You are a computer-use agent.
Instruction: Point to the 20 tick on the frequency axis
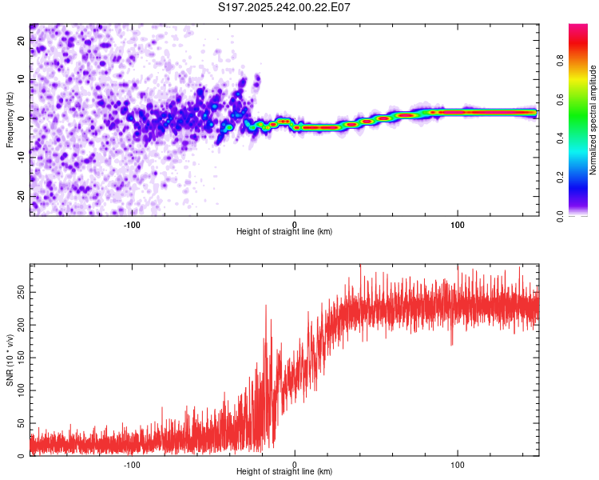click(x=22, y=42)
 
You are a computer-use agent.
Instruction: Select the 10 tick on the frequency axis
click(x=22, y=80)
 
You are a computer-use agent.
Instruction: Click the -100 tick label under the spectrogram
click(x=132, y=225)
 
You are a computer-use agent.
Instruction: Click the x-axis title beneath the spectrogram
click(x=284, y=232)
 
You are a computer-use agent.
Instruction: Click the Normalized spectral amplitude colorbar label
click(x=593, y=120)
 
